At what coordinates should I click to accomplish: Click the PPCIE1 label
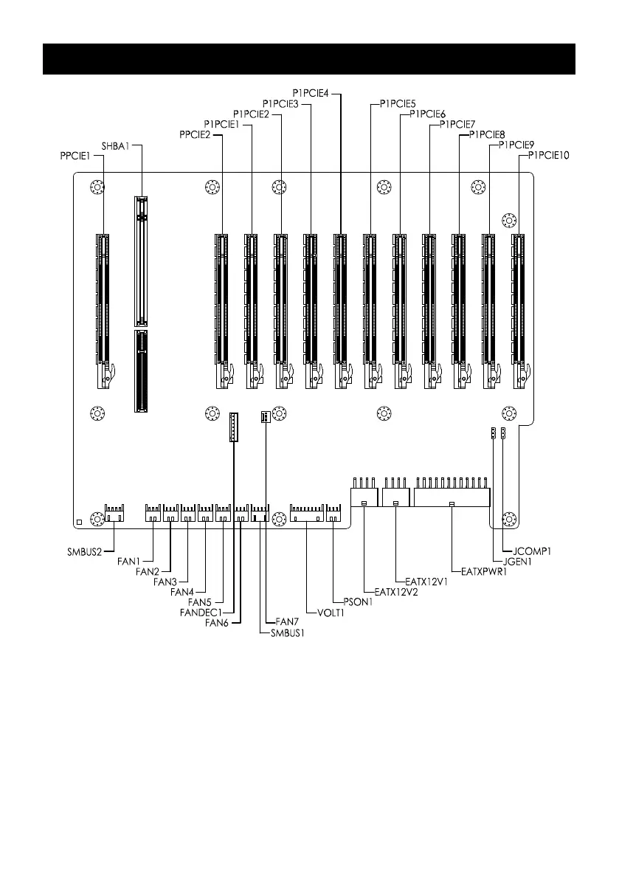tap(75, 156)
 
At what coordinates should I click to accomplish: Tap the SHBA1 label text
tap(115, 145)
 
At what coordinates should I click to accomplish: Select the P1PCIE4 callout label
tap(311, 94)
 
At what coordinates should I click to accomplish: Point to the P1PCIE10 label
tap(548, 155)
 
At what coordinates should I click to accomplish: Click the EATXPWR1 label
tap(484, 572)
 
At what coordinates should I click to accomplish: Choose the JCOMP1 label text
tap(532, 551)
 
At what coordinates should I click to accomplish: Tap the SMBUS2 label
tap(85, 551)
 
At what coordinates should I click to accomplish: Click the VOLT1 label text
tap(331, 613)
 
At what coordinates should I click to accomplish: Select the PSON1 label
tap(358, 602)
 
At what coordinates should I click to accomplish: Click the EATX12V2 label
tap(396, 592)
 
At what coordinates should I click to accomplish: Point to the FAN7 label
tap(288, 621)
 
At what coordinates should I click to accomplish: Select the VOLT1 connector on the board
tap(307, 513)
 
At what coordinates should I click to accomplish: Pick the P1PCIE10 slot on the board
tap(520, 311)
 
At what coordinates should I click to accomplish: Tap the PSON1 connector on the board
tap(334, 513)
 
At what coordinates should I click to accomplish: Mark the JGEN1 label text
tap(517, 562)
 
